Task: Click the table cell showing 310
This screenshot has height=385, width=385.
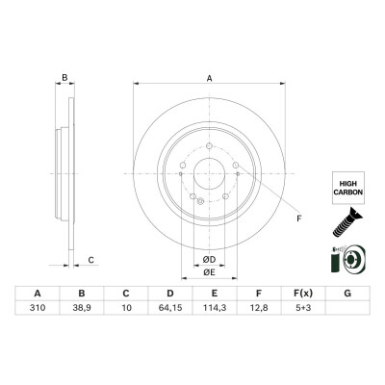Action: pyautogui.click(x=38, y=308)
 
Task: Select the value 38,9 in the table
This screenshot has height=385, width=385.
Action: pyautogui.click(x=82, y=308)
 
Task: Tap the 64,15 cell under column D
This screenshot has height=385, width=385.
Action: pyautogui.click(x=170, y=308)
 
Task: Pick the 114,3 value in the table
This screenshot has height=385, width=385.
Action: pyautogui.click(x=215, y=308)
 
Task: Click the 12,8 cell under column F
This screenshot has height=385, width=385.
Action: pyautogui.click(x=259, y=308)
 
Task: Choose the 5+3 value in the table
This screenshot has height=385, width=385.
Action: pyautogui.click(x=303, y=308)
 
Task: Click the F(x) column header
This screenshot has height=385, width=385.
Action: pyautogui.click(x=303, y=294)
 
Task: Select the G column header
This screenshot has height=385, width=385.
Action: pyautogui.click(x=347, y=294)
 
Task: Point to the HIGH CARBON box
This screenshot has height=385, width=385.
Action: pyautogui.click(x=348, y=188)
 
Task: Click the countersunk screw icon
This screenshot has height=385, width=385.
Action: pyautogui.click(x=346, y=222)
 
